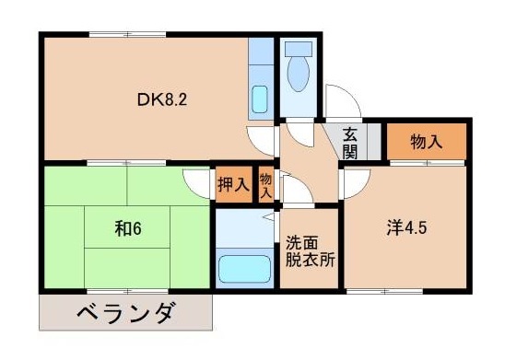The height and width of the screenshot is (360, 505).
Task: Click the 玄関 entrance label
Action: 350,144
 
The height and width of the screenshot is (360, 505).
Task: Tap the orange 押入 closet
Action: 233,184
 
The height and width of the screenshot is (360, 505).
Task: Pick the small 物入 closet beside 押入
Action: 265,184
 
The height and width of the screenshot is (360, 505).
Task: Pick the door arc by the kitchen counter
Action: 265,138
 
